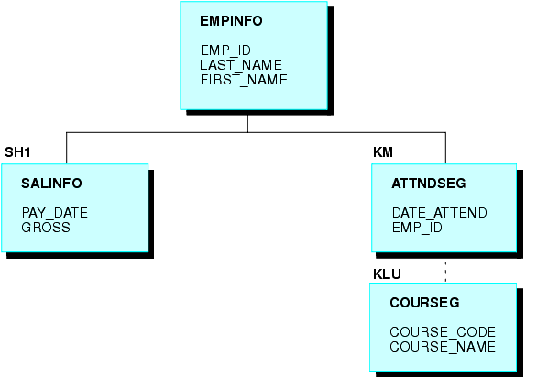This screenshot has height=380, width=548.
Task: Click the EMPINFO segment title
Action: [231, 21]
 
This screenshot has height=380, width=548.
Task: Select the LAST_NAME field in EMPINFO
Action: [241, 65]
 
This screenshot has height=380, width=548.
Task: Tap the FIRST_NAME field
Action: [244, 80]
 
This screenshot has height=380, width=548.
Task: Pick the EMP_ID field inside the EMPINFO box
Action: [225, 50]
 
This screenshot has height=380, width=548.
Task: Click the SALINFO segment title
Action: [51, 184]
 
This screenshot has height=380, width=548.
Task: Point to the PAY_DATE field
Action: [54, 213]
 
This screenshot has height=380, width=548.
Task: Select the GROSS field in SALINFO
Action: [46, 228]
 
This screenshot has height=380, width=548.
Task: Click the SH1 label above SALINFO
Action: [17, 152]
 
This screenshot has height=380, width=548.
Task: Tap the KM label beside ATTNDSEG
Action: [383, 152]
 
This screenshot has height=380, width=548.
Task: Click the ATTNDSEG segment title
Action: [429, 184]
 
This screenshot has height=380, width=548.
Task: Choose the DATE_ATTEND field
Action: [439, 213]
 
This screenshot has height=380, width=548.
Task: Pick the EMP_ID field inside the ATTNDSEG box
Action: [417, 228]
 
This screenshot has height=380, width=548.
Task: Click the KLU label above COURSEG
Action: [387, 274]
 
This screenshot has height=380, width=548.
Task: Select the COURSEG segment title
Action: [424, 303]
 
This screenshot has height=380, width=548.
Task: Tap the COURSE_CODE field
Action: [443, 332]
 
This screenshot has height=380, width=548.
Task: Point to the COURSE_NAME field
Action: [443, 347]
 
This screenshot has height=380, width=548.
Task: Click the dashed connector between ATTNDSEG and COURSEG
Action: [445, 271]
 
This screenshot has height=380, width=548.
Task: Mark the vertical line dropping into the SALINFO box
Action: [66, 148]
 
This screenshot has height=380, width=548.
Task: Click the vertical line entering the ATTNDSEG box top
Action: [445, 148]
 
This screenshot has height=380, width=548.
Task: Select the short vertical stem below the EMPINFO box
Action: [247, 124]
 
